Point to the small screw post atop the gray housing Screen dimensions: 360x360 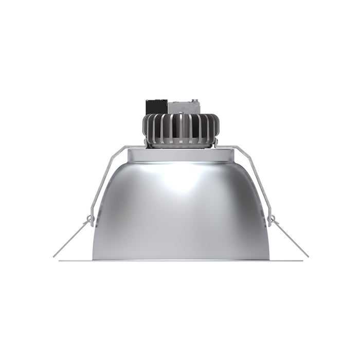[x=195, y=100]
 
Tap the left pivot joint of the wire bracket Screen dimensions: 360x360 [x=91, y=220]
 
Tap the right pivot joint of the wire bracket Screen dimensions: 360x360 [x=270, y=220]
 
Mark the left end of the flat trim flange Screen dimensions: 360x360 [x=60, y=261]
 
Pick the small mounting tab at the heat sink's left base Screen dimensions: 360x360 [x=145, y=141]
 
